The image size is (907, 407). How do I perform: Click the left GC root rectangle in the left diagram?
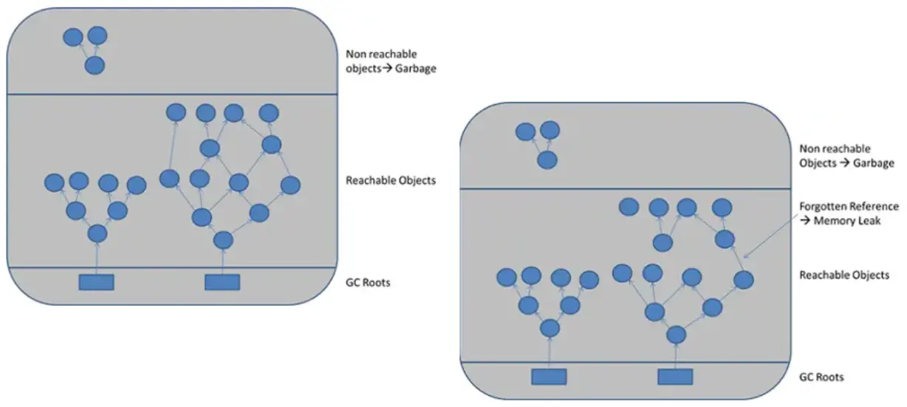[x=96, y=282]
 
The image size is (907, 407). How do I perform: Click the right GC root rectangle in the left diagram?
[x=222, y=282]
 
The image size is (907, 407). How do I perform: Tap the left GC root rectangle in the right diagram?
[x=549, y=377]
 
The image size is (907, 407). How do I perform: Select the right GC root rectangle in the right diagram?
[x=675, y=377]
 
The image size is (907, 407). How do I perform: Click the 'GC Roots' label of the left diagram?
[x=368, y=283]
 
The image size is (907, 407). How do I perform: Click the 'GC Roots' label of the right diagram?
[x=821, y=377]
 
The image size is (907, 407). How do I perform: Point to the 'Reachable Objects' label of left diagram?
[x=390, y=181]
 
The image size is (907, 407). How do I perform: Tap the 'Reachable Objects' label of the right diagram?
[x=843, y=276]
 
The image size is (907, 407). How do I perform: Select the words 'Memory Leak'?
[x=847, y=221]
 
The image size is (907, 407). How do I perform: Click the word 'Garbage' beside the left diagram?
[x=415, y=69]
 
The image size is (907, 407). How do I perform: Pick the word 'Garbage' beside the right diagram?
[x=873, y=163]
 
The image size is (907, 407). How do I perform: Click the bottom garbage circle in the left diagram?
[x=95, y=66]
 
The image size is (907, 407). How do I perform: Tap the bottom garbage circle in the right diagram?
[x=547, y=160]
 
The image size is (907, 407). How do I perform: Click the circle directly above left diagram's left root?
[x=97, y=233]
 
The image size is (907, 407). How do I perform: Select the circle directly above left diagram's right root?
[x=223, y=241]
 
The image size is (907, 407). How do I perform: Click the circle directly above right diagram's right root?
[x=677, y=335]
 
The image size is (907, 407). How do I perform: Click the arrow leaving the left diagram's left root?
[x=97, y=259]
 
